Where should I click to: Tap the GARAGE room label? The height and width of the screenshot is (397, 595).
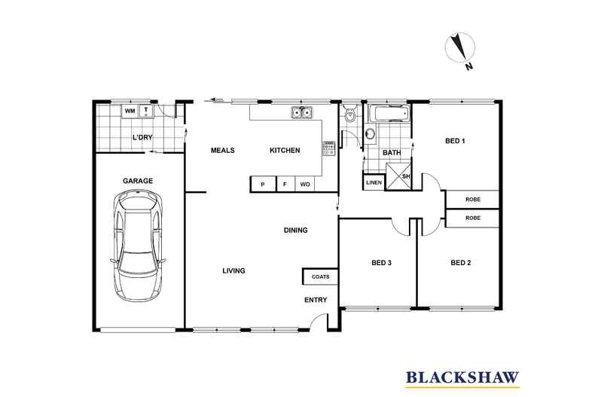[138, 181]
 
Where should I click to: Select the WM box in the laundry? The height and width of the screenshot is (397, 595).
[130, 111]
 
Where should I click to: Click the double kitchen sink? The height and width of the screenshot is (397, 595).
[303, 113]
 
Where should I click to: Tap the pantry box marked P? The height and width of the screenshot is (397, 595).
[263, 185]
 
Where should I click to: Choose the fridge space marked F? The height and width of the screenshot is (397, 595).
[285, 185]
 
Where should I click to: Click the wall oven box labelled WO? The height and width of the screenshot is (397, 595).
[305, 185]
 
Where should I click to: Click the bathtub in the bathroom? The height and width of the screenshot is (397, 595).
[388, 115]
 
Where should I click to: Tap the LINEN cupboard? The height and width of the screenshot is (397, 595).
[374, 183]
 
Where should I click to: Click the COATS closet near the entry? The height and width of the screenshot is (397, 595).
[320, 277]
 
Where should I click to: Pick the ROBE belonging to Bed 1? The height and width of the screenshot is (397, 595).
[473, 200]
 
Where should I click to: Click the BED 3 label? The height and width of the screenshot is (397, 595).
[382, 263]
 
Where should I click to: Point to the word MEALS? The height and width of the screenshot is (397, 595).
[222, 151]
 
